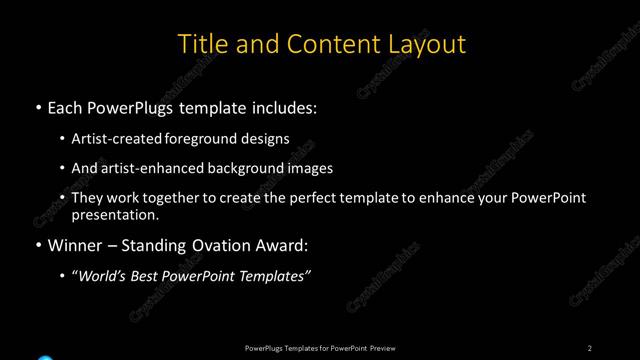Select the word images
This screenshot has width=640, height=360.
click(310, 168)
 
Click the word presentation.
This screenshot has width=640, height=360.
click(115, 214)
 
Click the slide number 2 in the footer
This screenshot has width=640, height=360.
click(590, 348)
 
